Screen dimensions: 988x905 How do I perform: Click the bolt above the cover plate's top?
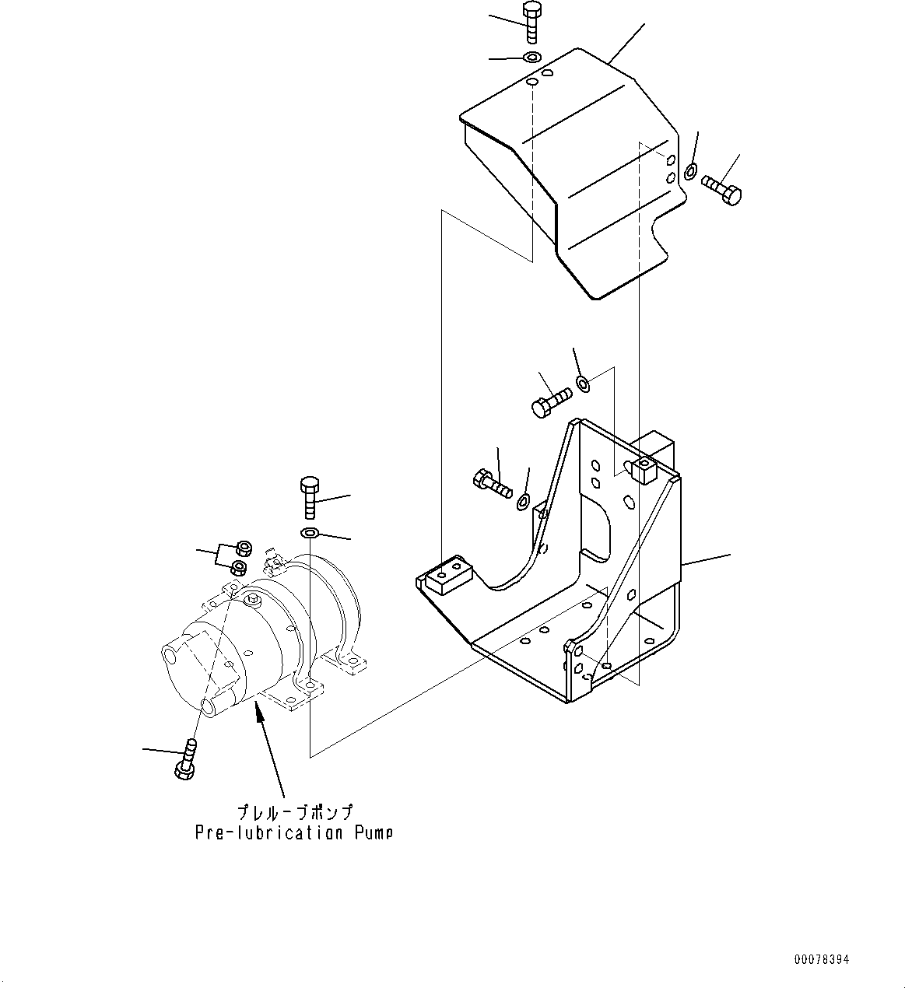532,23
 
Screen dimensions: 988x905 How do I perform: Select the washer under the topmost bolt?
532,58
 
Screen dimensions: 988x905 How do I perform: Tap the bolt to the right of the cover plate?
721,190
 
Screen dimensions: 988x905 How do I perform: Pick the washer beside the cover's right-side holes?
690,170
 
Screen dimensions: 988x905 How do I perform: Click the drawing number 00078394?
822,959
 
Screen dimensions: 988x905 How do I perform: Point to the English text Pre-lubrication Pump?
293,833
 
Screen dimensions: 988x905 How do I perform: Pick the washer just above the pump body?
309,532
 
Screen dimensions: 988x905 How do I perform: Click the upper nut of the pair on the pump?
242,547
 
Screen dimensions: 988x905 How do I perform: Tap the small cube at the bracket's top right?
645,470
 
